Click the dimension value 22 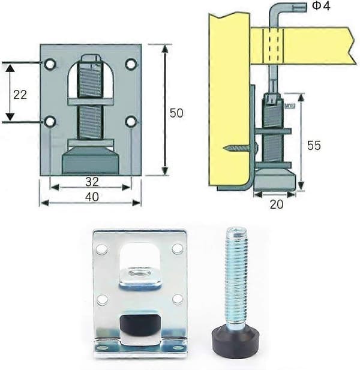pos(20,95)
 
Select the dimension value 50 pos(176,113)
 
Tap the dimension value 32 pos(92,182)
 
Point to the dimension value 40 pos(92,197)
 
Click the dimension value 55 pos(314,145)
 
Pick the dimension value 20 pos(276,204)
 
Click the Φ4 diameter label pos(321,6)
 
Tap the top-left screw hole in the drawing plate pos(50,64)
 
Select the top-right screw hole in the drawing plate pos(131,64)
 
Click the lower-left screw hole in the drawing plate pos(50,122)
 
